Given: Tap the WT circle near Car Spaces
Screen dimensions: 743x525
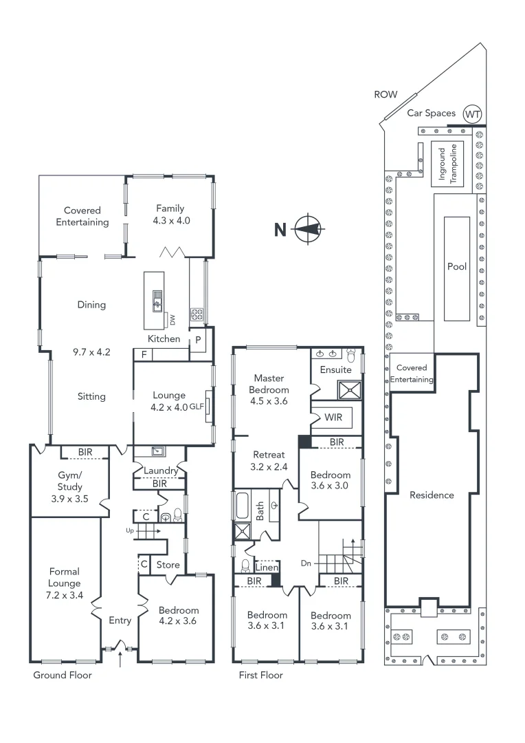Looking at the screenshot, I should (x=471, y=114).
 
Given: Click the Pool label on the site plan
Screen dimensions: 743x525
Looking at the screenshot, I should (x=457, y=266).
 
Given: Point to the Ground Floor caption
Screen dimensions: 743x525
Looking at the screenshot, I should (x=63, y=675).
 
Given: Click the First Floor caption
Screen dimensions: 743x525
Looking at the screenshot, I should (x=260, y=675).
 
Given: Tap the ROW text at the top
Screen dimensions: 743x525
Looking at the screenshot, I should (x=386, y=95).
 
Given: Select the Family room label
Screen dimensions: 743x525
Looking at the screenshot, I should (x=170, y=208).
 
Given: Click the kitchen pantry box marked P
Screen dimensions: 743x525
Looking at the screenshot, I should (x=198, y=341).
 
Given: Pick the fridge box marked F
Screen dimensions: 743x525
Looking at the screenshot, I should (x=144, y=354).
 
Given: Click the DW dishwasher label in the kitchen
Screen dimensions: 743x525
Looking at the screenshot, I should (x=172, y=320).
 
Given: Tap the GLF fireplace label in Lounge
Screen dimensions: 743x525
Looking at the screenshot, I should (x=197, y=407).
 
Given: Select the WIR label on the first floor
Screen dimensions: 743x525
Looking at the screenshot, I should (x=333, y=418).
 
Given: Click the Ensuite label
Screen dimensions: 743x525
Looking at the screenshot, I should (x=335, y=369).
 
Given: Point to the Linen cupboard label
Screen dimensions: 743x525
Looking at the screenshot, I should (x=267, y=568).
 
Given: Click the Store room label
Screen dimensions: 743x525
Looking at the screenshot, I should (x=168, y=565).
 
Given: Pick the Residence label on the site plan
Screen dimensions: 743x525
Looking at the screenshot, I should (x=432, y=495).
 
